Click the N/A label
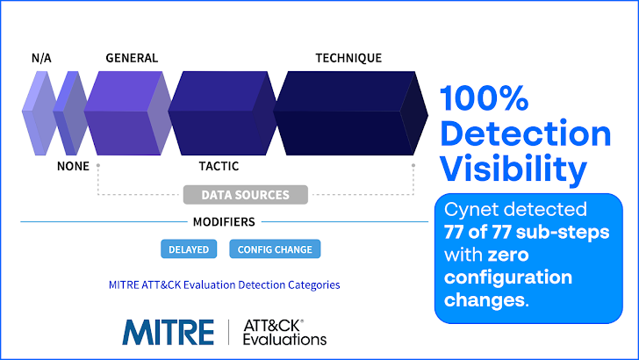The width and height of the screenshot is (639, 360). coord(41,58)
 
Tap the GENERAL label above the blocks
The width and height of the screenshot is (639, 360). coord(132,58)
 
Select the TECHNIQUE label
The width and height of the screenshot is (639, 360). coord(348,58)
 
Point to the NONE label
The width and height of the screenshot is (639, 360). coord(73,166)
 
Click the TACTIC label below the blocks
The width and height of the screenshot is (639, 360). coord(219,166)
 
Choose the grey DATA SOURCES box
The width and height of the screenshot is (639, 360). coord(246,194)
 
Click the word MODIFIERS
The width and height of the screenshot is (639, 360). coord(224,222)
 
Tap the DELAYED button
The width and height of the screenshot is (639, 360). coord(189,249)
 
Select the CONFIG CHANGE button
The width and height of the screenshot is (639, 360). coord(275,249)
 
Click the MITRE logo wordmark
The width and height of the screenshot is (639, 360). coord(168,332)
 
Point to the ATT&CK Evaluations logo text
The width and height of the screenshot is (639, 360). coord(284,332)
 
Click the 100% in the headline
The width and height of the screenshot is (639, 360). coord(485,98)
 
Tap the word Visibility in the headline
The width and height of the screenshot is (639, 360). coord(513,169)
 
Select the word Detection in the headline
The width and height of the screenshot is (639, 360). coord(526,133)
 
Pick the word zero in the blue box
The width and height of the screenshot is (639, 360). coord(508,256)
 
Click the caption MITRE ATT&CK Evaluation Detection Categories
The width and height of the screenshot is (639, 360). coord(224,284)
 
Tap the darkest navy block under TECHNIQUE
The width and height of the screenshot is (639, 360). coord(350,113)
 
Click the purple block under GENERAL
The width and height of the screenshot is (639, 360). coord(128,113)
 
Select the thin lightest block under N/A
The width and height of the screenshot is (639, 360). coord(39,113)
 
